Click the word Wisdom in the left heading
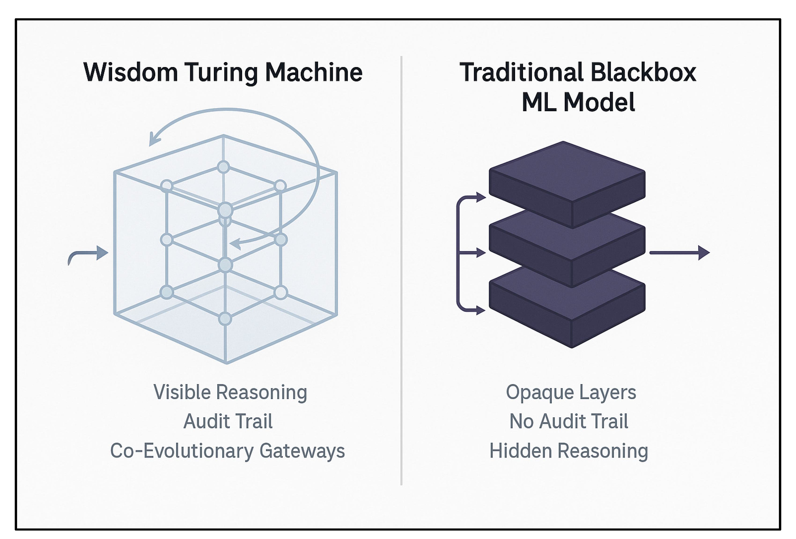click(130, 72)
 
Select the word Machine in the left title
click(313, 72)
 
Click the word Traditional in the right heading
click(521, 72)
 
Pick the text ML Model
click(578, 102)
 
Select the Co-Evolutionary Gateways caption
click(227, 451)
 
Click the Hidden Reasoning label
click(569, 451)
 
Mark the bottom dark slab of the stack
click(567, 309)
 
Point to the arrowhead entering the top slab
click(481, 197)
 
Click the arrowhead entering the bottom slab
click(481, 310)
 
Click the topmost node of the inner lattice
click(223, 167)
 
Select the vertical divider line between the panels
click(401, 271)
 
